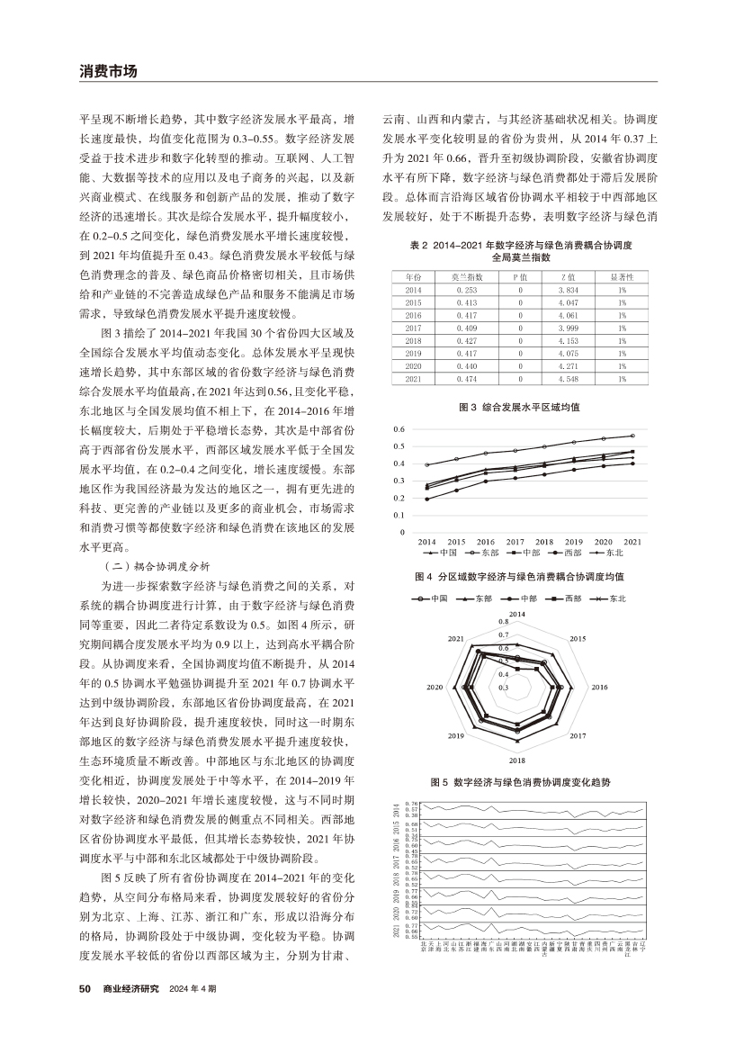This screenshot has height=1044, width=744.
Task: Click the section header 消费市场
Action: (x=107, y=70)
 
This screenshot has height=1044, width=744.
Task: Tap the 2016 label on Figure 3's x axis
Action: (x=485, y=541)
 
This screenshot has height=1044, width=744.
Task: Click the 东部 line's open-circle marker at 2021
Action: (x=632, y=436)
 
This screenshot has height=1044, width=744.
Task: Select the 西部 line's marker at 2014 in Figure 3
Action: (x=426, y=499)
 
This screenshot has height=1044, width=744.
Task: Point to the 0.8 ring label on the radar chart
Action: (x=504, y=621)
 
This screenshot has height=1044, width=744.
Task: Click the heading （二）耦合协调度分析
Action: (x=151, y=566)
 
